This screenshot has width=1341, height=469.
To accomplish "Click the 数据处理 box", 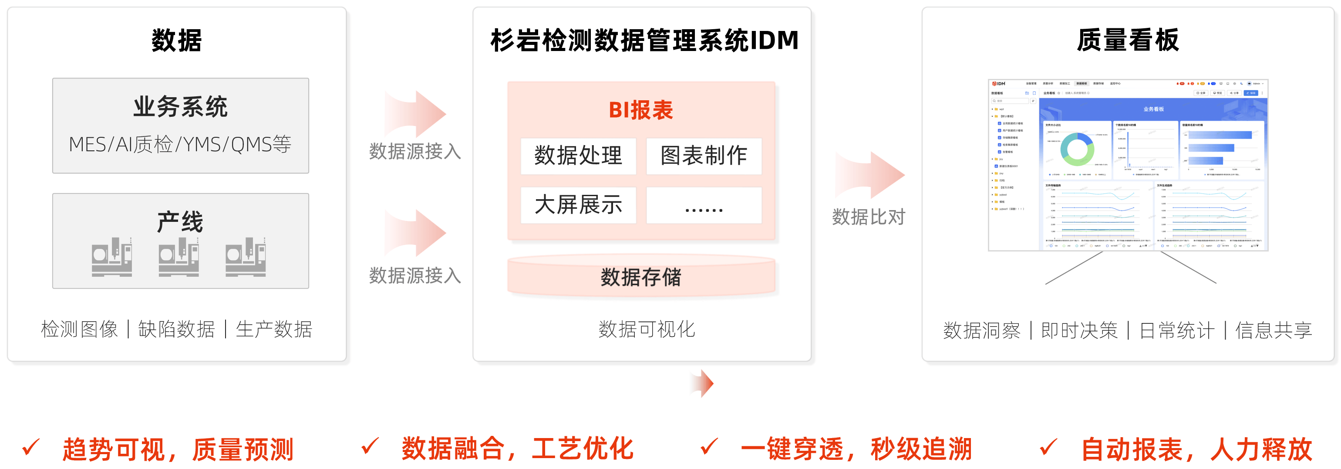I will [578, 156].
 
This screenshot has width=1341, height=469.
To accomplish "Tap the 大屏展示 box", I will [578, 205].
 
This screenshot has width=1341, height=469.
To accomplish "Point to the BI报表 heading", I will [641, 110].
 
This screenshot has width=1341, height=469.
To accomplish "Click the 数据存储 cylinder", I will [641, 277].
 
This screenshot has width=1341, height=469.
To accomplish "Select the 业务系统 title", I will [180, 107].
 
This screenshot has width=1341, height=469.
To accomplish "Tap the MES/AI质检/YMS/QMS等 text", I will [180, 144].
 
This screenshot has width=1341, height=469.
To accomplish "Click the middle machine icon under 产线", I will [179, 256].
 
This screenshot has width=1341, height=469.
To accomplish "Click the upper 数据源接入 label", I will [415, 152].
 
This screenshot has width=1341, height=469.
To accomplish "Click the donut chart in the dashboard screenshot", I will [1077, 150].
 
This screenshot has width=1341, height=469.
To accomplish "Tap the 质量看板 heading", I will [1128, 41].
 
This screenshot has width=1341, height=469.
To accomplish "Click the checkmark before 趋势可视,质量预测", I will [31, 447].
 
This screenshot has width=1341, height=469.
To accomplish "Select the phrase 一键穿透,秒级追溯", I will [856, 449].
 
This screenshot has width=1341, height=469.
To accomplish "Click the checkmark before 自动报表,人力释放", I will [1048, 447].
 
